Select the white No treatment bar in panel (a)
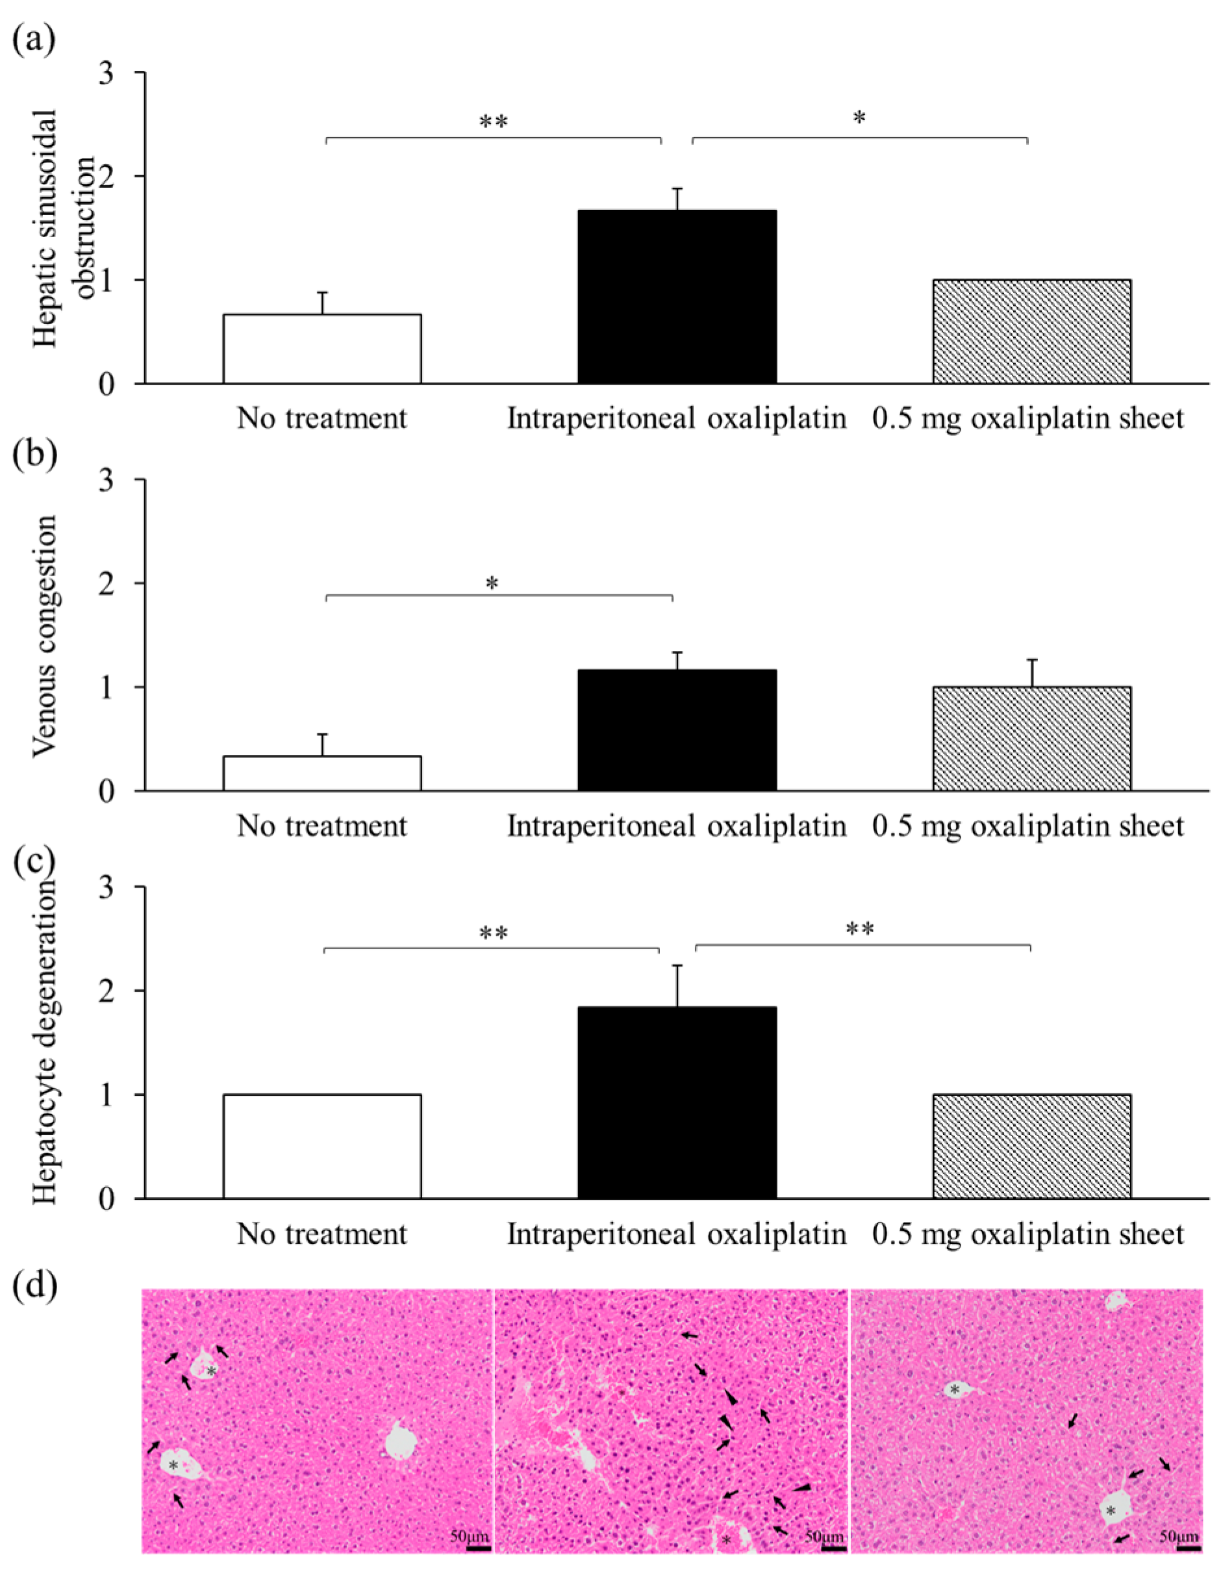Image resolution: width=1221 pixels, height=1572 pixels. click(321, 348)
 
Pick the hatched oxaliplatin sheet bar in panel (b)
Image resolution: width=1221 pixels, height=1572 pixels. click(1031, 739)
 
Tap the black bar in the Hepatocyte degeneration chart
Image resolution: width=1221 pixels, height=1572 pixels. click(676, 1102)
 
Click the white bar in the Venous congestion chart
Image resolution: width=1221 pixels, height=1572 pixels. click(321, 773)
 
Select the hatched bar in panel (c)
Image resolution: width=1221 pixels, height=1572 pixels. click(1031, 1146)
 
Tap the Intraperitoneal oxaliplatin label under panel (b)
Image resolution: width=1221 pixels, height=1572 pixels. click(676, 826)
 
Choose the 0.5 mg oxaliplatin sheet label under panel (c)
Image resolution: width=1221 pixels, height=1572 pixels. click(1027, 1234)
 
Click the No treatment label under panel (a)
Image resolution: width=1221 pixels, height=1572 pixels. click(321, 418)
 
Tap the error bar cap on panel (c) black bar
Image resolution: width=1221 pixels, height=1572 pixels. click(677, 966)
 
